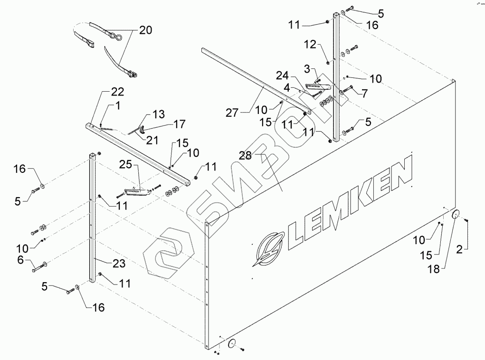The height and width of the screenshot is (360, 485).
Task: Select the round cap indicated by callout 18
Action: click(456, 215)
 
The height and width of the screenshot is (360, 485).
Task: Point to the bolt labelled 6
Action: click(38, 270)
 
